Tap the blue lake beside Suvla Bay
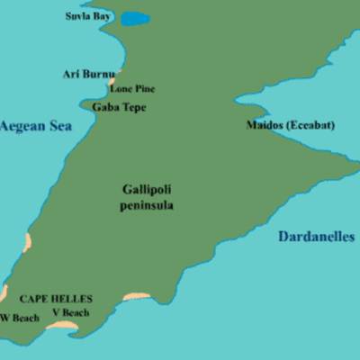pyautogui.click(x=136, y=18)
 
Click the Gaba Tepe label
pyautogui.click(x=118, y=107)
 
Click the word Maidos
pyautogui.click(x=265, y=125)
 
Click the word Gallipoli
pyautogui.click(x=147, y=189)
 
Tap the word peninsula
pyautogui.click(x=147, y=205)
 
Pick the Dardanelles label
pyautogui.click(x=316, y=237)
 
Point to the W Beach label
pyautogui.click(x=20, y=317)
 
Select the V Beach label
pyautogui.click(x=70, y=312)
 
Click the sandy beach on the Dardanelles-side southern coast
pyautogui.click(x=136, y=296)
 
